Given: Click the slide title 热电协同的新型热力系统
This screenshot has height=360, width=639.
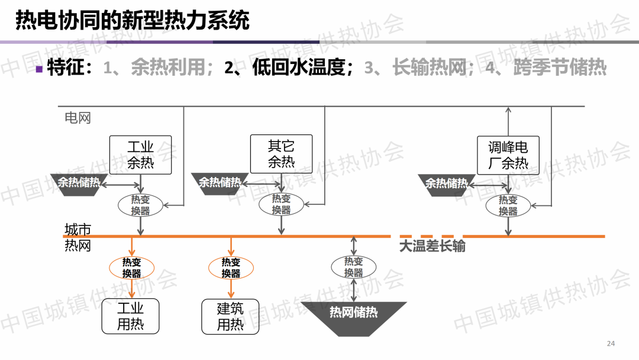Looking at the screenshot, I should click(132, 21).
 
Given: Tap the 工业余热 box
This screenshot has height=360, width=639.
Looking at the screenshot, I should click(141, 155).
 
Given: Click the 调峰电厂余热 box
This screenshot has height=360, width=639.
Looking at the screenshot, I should click(508, 155).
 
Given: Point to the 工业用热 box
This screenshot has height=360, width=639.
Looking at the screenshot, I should click(130, 316).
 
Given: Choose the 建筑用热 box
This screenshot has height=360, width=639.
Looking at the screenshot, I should click(230, 316).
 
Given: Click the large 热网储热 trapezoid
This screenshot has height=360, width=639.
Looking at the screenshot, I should click(354, 314).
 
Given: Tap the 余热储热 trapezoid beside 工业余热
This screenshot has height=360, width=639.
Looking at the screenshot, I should click(78, 183).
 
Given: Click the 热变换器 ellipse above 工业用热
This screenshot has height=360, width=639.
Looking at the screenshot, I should click(131, 268).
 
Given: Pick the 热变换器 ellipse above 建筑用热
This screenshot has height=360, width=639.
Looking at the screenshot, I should click(231, 268).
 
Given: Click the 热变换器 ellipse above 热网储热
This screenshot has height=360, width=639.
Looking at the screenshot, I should click(354, 267).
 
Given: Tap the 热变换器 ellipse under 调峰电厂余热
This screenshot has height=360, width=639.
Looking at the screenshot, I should click(508, 205).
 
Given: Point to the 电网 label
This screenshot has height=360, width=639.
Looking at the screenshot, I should click(78, 117).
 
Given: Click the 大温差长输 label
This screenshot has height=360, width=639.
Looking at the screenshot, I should click(432, 246).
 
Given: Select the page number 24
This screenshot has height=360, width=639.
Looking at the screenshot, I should click(611, 344).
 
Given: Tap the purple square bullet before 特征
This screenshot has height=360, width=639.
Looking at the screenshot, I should click(39, 69).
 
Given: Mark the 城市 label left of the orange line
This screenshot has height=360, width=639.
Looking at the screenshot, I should click(78, 229).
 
